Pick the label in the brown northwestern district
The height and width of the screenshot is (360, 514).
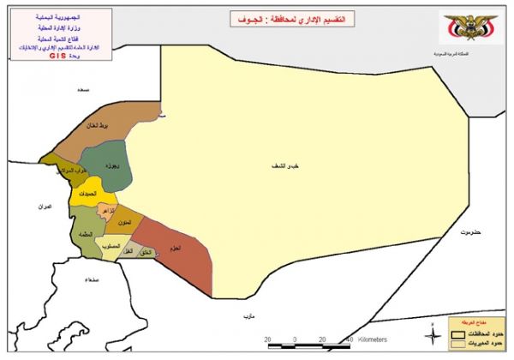coord(95,126)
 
